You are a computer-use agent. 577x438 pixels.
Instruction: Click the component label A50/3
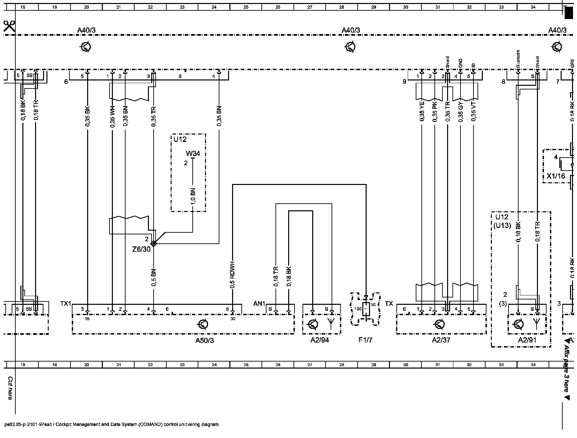click(x=204, y=341)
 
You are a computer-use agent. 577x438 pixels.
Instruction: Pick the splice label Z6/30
click(x=141, y=249)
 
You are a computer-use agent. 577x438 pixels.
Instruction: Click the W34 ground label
click(x=193, y=154)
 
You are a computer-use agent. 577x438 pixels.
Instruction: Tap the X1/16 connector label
click(x=556, y=176)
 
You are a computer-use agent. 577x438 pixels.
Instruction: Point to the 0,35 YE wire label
click(x=422, y=111)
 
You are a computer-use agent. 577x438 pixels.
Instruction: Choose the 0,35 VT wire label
click(x=473, y=111)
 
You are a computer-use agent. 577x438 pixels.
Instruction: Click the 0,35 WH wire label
click(x=112, y=117)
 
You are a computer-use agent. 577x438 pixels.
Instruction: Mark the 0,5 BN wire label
click(x=154, y=278)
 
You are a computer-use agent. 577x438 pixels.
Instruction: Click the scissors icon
click(x=9, y=26)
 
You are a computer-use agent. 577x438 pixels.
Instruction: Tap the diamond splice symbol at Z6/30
click(x=154, y=243)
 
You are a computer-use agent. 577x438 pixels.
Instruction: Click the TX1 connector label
click(x=65, y=304)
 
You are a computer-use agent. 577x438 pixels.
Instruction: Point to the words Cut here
click(x=10, y=388)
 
